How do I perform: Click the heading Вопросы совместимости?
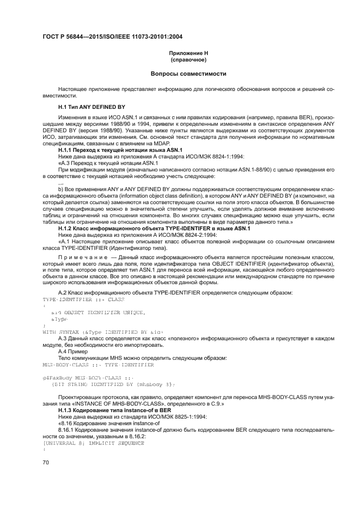pos(188,73)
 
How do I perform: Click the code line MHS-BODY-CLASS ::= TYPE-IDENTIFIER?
pos(90,364)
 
